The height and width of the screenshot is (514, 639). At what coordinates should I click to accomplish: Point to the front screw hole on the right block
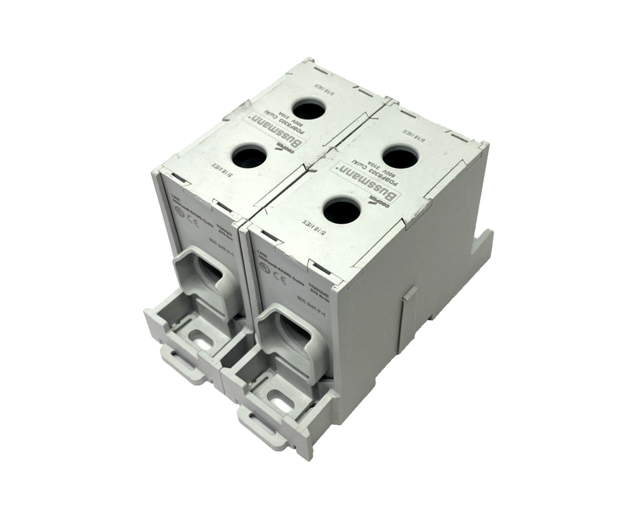[341, 210]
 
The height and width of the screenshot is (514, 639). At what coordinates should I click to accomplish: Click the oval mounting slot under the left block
[201, 338]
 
